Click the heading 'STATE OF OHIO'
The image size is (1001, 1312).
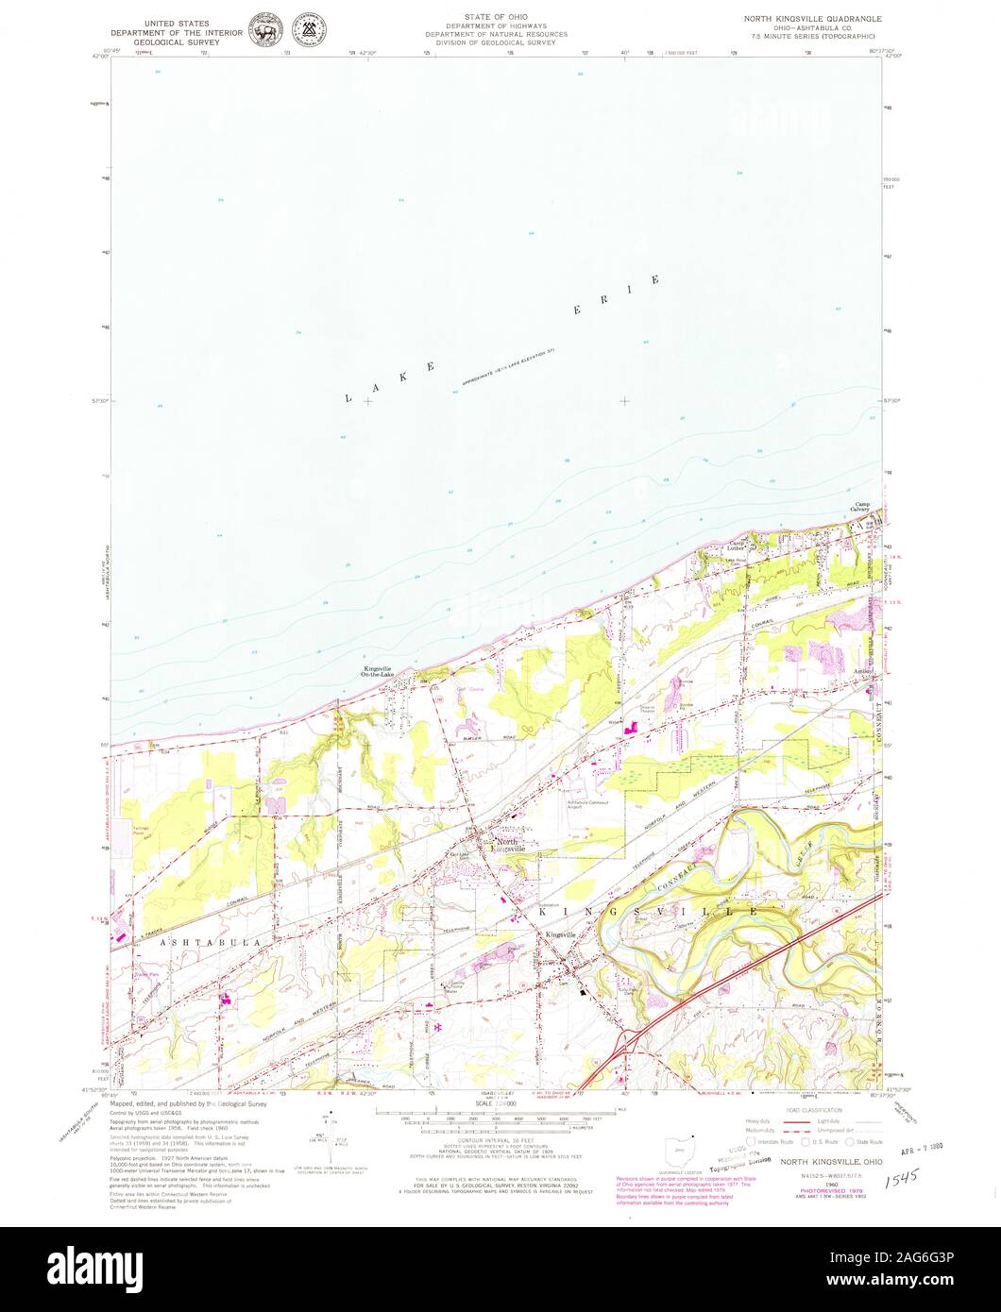click(x=496, y=18)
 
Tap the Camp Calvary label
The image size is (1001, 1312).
click(x=868, y=507)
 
